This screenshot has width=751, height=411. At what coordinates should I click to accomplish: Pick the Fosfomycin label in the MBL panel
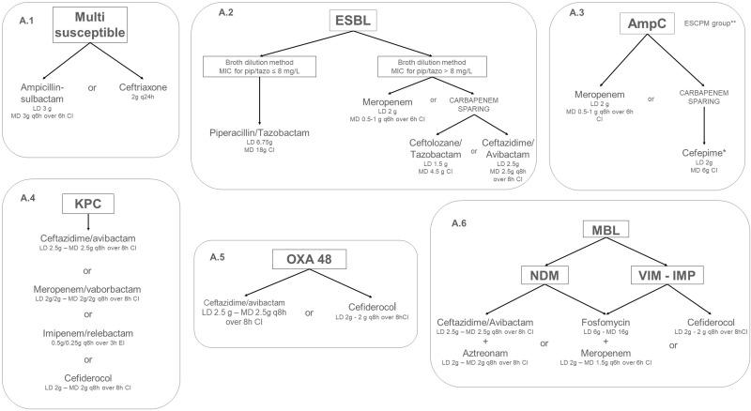pyautogui.click(x=589, y=322)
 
